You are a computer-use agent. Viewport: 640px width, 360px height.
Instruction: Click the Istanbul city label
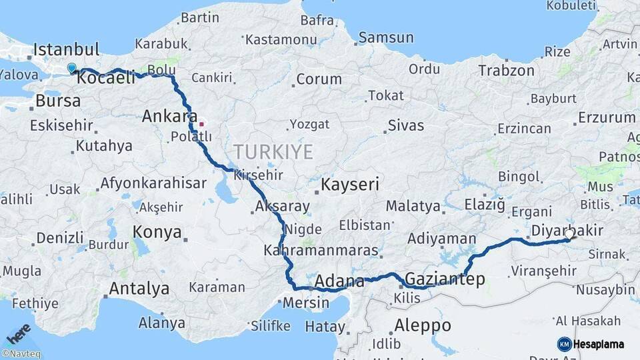click(66, 49)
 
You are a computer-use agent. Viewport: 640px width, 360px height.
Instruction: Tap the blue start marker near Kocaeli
click(71, 67)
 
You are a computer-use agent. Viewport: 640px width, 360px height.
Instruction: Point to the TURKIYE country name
click(273, 152)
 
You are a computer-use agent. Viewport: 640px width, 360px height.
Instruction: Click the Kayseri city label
click(350, 185)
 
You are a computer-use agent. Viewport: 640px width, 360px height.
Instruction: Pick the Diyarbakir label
click(567, 231)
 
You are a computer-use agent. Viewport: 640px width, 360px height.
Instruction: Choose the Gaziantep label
click(445, 279)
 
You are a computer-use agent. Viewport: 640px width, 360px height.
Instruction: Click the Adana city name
click(339, 280)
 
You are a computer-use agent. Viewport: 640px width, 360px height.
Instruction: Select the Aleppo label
click(423, 326)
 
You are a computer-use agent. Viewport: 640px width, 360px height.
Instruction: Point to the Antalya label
click(139, 289)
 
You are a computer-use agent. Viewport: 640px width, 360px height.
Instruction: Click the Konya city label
click(157, 232)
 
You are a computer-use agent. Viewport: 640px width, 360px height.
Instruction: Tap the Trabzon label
click(506, 70)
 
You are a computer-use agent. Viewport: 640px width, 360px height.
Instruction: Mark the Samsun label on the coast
click(387, 37)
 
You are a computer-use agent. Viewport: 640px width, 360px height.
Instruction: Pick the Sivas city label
click(405, 125)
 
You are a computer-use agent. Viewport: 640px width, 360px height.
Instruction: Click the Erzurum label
click(606, 117)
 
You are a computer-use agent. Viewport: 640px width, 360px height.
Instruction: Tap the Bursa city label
click(58, 101)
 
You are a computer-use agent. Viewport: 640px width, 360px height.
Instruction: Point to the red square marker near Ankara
click(201, 123)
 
